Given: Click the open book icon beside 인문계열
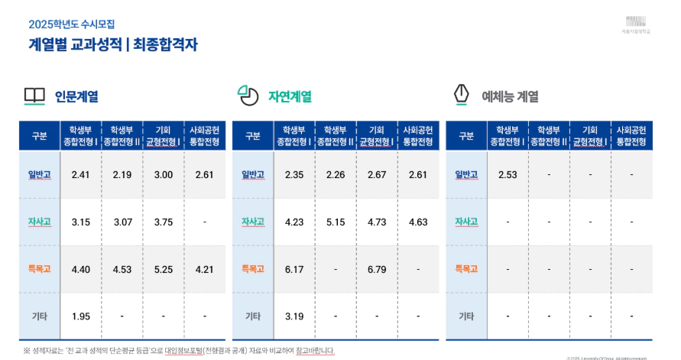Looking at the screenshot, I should (x=34, y=96).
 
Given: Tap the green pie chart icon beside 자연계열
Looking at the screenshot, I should (x=247, y=96).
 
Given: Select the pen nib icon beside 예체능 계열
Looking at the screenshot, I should (x=461, y=96).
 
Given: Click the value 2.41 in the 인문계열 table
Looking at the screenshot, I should (x=80, y=175).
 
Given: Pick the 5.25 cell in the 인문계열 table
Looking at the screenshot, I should (x=163, y=268).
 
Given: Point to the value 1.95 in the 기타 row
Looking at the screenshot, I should (x=80, y=316).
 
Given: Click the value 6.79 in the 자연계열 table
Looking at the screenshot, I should (x=376, y=268).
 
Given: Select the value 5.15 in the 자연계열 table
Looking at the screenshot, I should (x=335, y=222).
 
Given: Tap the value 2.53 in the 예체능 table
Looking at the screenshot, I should (x=508, y=175).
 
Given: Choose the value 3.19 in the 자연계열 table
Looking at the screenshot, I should (x=294, y=316).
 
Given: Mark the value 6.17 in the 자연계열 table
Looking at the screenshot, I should (x=294, y=268).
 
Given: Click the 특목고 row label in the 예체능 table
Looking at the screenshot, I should (x=466, y=268).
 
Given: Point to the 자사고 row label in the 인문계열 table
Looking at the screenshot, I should (x=39, y=222).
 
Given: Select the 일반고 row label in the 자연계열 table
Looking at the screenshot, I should (x=253, y=175).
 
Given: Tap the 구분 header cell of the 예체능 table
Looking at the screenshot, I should (x=466, y=136).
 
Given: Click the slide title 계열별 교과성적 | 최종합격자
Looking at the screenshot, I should (x=113, y=44).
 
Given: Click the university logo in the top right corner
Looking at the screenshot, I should (x=636, y=23).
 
